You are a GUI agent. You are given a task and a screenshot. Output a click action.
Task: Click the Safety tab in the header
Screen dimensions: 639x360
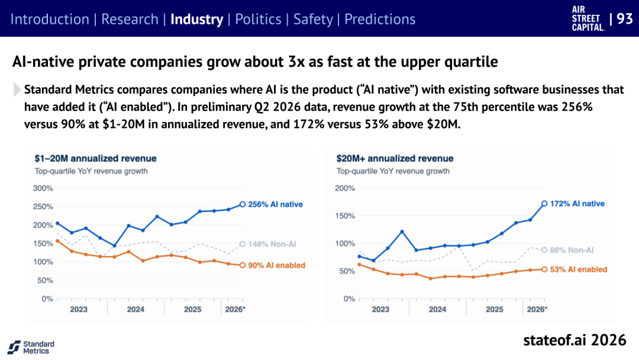pos(313,20)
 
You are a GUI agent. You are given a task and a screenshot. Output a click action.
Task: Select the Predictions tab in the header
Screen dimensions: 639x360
pos(380,19)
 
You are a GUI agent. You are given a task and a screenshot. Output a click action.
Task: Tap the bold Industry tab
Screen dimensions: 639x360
pos(197,20)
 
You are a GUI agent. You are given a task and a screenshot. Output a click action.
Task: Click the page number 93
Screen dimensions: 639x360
pos(625,19)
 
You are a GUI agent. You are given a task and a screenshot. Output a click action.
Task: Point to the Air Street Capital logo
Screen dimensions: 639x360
pos(588,19)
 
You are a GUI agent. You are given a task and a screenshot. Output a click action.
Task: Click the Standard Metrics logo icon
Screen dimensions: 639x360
pos(14,348)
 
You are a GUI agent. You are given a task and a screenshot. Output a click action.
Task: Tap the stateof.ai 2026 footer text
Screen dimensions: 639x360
pos(575,340)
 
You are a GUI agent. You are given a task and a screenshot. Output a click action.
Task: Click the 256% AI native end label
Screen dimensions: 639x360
pos(275,204)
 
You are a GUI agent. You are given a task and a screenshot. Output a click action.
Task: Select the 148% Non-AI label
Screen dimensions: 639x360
pos(272,244)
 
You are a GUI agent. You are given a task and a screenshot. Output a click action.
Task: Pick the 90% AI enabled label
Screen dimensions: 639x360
pos(277,265)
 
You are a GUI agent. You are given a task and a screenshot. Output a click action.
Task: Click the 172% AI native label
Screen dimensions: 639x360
pos(577,204)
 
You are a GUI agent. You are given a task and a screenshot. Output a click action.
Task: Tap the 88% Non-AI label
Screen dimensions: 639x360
pos(572,250)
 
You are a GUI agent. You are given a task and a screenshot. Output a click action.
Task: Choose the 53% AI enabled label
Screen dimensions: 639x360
pos(579,269)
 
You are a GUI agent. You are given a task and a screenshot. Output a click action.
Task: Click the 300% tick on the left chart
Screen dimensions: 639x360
pos(43,188)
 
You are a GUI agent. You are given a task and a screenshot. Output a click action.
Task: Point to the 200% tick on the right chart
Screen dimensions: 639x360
pos(345,188)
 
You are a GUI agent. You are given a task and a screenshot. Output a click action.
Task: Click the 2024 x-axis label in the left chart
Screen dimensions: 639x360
pos(135,310)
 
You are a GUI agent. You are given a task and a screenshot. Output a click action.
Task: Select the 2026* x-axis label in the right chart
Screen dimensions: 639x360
pos(537,310)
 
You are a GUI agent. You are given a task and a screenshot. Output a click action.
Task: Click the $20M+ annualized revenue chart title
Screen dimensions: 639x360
pos(395,159)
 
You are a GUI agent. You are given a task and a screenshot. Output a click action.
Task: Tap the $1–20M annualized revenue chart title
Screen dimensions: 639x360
pos(95,159)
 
